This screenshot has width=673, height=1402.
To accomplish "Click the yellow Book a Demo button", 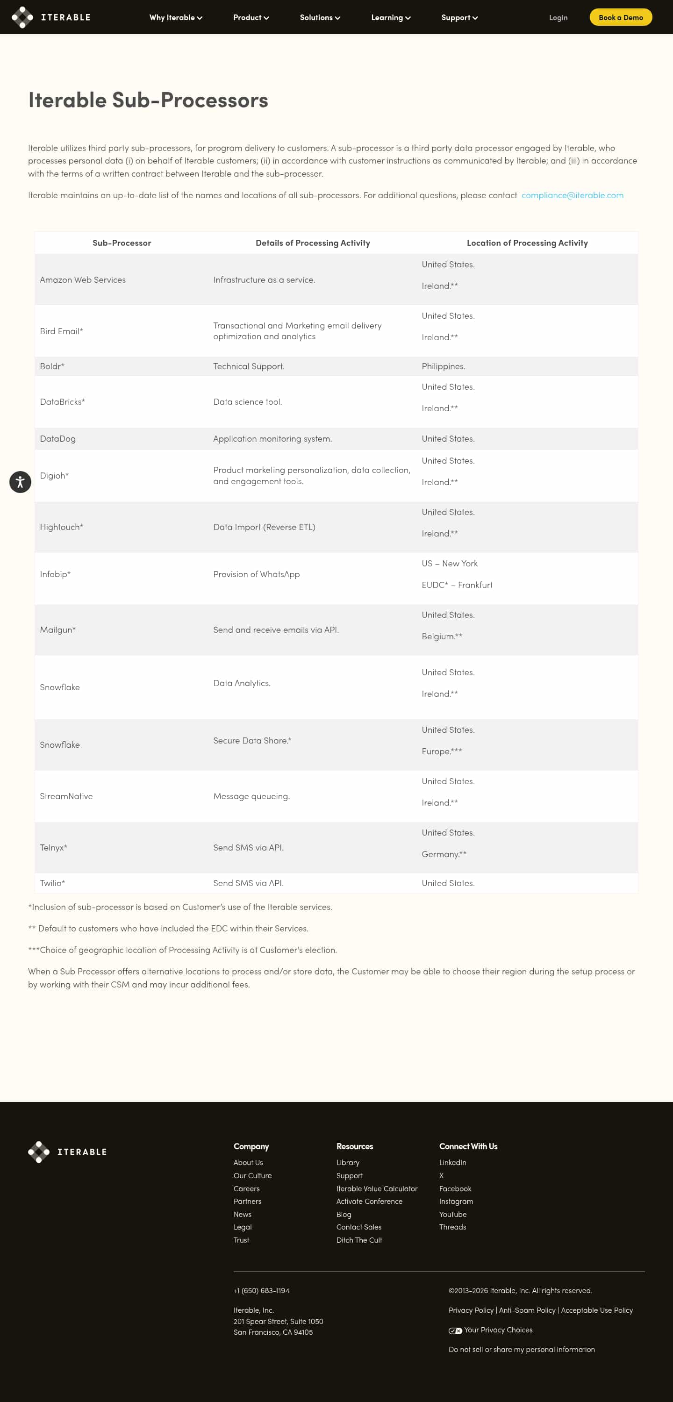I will pos(620,17).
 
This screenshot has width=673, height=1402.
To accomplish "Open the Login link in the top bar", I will pos(558,17).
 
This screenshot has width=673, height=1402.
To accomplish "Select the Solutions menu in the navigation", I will pos(320,17).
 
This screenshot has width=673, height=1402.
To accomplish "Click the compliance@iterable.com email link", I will pos(572,195).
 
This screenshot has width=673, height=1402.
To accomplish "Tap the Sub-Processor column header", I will pos(122,243).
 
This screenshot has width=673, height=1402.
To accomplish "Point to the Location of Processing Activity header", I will pos(527,243).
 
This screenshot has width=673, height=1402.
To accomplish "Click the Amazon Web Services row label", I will pos(83,280).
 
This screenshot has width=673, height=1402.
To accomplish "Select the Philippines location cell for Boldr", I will pos(443,366).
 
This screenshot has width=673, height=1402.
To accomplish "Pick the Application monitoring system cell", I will pos(272,439).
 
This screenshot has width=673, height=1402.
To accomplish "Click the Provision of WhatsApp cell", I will pos(256,574).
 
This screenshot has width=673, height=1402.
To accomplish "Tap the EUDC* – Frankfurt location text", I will pos(456,585).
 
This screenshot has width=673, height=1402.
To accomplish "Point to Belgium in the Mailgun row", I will pos(441,636).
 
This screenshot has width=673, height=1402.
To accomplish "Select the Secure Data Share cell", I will pos(251,740).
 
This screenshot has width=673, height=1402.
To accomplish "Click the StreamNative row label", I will pos(66,796).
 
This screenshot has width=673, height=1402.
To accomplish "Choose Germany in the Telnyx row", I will pos(443,854).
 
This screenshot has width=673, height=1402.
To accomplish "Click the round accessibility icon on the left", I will pos(20,482).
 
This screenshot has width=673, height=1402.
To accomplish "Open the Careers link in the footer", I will pos(246,1188).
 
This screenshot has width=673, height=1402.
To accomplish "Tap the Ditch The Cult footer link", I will pos(359,1240).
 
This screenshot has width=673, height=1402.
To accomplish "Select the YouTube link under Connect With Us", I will pos(452,1214).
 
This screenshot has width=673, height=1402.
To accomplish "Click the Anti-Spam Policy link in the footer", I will pos(527,1310).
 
